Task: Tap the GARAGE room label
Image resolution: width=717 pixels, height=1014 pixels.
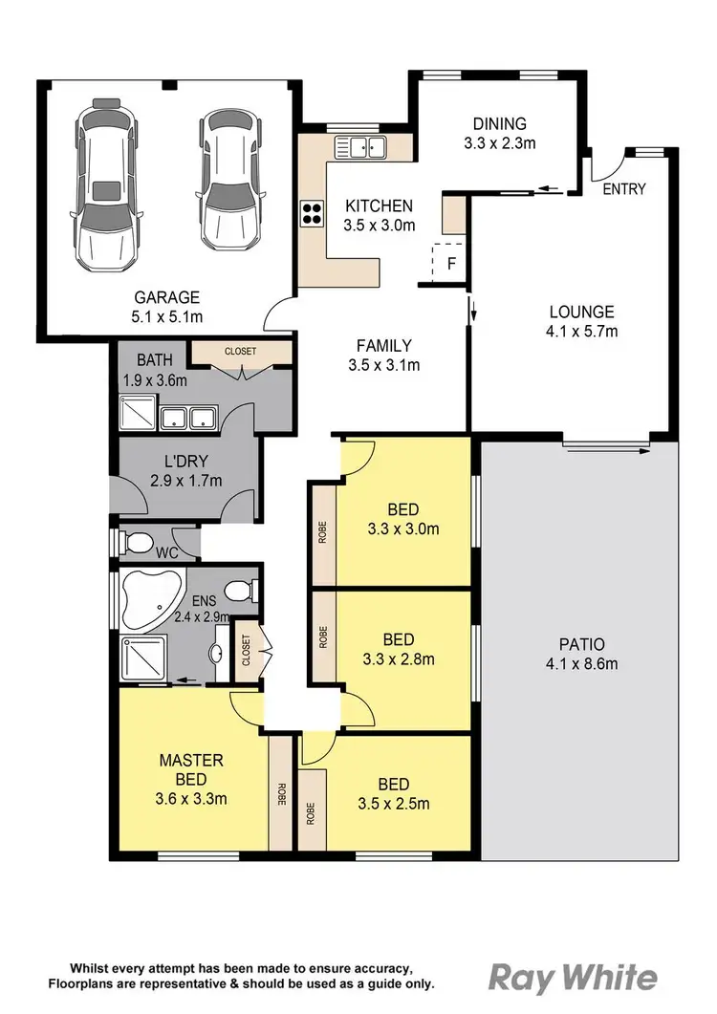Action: (x=166, y=296)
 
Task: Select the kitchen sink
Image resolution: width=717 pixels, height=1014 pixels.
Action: (x=360, y=147)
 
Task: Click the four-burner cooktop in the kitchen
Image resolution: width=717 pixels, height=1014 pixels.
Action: (x=313, y=212)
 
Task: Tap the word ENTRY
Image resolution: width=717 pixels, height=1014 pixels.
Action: (x=623, y=188)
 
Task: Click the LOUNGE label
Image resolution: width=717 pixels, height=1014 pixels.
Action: (x=581, y=312)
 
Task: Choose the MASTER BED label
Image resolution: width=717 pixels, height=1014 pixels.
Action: (x=191, y=761)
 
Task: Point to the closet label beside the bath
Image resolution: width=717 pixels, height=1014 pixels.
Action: (x=240, y=352)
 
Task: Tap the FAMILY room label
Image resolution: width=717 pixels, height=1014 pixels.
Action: (x=383, y=346)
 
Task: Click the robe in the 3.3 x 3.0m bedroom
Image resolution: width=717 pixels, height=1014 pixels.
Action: (x=323, y=533)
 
